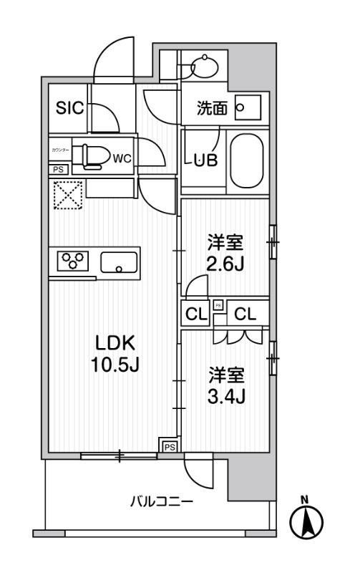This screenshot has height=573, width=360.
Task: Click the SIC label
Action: (x=70, y=108)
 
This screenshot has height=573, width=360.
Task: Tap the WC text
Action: (x=121, y=158)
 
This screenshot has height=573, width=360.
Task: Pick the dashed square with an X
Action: (x=68, y=194)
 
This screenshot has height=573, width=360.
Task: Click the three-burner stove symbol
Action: (x=72, y=261)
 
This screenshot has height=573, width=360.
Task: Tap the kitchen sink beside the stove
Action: (x=119, y=263)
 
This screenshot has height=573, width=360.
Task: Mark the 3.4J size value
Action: (x=226, y=394)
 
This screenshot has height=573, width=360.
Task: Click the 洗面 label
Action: (x=213, y=109)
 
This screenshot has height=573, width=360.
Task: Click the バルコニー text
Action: (x=161, y=502)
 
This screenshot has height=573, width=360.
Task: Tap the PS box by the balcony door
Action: (x=169, y=446)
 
